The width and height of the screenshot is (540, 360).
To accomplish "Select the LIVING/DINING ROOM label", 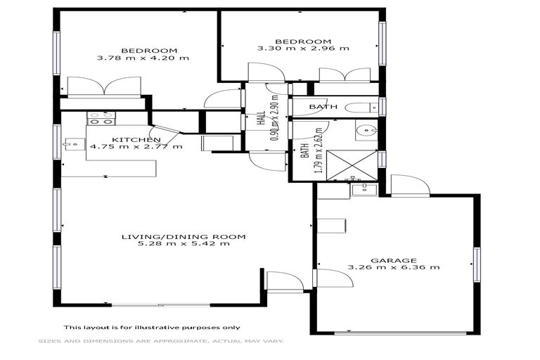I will click(183, 237).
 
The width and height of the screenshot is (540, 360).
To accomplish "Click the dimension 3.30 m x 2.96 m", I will click(303, 49).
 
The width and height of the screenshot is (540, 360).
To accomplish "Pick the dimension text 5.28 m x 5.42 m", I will click(183, 245).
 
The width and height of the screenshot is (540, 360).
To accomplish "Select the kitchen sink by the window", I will click(71, 144).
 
